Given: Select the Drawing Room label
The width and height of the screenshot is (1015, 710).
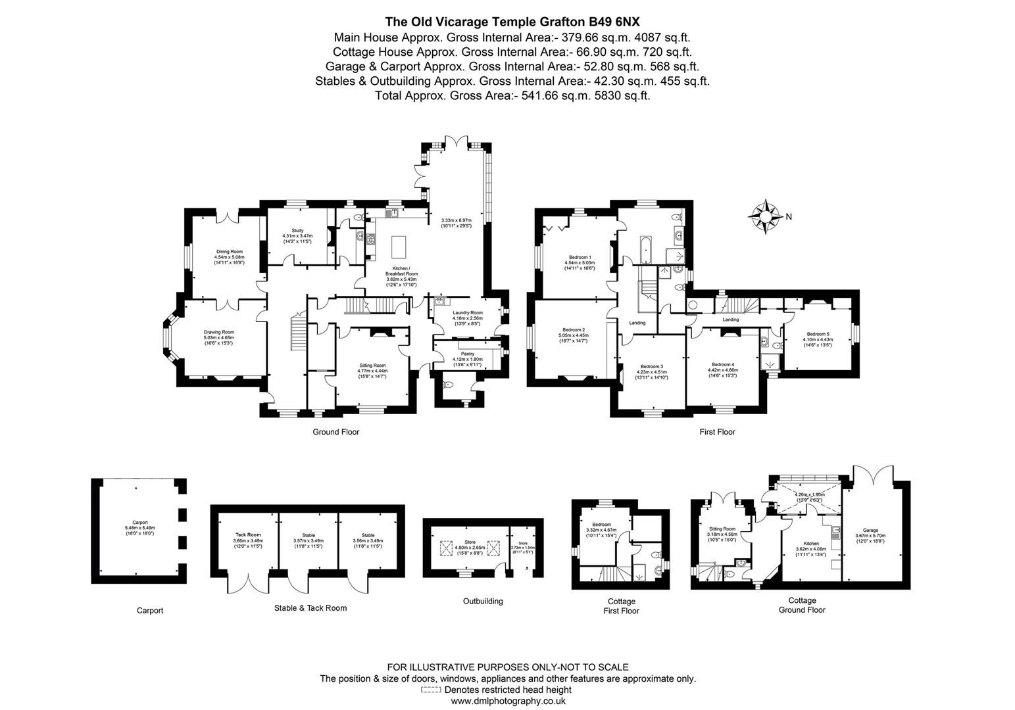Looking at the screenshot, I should [x=218, y=333].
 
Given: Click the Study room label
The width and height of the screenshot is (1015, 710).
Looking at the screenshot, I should [x=297, y=230].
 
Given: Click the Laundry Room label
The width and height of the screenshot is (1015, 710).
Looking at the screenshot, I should [x=467, y=313].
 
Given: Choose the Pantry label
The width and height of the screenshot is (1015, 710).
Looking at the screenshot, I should [x=468, y=354].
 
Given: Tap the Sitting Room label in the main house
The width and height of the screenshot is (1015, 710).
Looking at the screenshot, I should [x=372, y=366].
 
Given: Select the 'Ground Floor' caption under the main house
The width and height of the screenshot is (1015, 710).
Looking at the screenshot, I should [x=335, y=432].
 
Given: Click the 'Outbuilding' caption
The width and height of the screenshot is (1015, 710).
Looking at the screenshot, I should [x=483, y=601].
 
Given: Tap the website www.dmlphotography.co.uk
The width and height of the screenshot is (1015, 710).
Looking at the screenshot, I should [x=507, y=701].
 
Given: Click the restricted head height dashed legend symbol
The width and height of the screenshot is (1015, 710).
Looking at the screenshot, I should [x=431, y=690].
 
